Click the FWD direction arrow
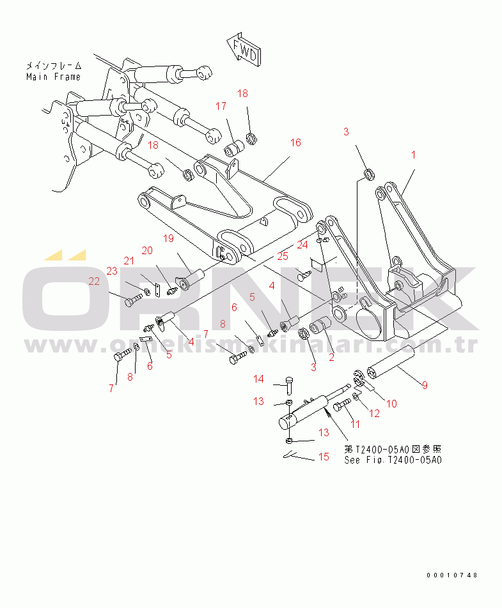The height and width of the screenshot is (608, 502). coord(244,50)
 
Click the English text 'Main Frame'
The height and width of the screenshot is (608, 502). coord(54,77)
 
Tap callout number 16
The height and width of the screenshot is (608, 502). coord(295,142)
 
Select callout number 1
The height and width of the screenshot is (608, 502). coord(414,155)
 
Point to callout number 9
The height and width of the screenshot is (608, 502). coord(425,385)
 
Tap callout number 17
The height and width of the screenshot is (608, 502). coord(221,106)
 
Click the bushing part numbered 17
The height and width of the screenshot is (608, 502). coord(234,149)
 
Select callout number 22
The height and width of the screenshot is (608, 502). coord(94,281)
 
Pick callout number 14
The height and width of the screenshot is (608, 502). coord(258,379)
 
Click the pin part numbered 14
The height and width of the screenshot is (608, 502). coord(289,386)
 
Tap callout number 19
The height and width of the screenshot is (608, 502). coord(168,238)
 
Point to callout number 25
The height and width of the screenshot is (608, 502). coord(283,256)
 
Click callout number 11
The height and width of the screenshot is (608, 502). coord(356,424)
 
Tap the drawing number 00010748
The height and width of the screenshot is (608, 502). coord(452,575)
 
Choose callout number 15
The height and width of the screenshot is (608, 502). coord(324,457)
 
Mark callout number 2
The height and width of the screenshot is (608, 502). coord(331,357)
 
